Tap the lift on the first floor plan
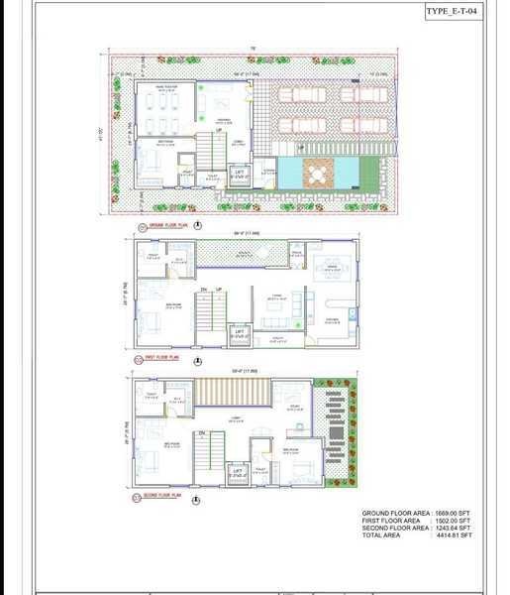tap(240, 334)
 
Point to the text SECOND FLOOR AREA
tap(395, 528)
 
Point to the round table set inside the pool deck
tap(315, 174)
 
